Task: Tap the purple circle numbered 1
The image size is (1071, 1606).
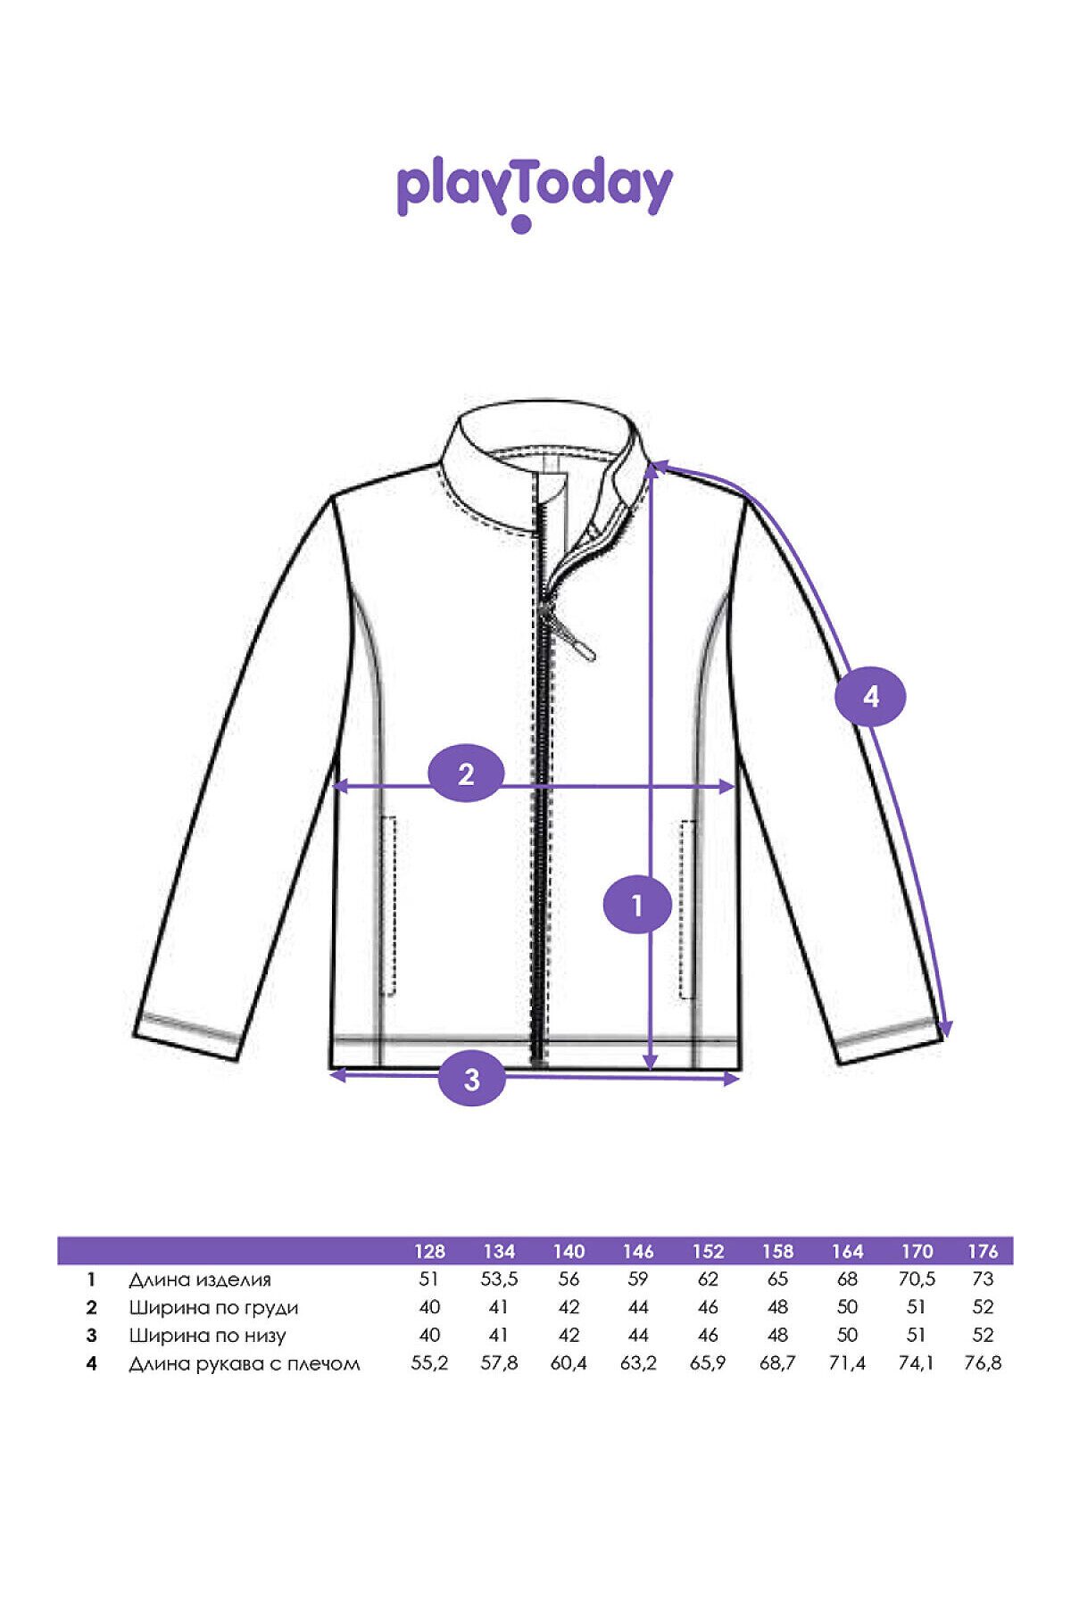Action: point(637,906)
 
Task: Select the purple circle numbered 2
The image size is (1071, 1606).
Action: point(466,774)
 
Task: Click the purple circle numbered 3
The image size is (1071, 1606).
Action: point(471,1080)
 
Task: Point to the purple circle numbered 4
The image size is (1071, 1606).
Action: point(870,696)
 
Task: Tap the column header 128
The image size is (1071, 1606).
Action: point(429,1251)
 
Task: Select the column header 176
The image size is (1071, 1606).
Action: point(982,1251)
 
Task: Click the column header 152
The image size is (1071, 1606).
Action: point(708,1251)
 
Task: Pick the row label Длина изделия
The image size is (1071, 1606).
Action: point(199,1279)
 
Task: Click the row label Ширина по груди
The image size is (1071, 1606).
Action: point(213,1308)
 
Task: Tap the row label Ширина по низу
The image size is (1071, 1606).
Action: point(207,1336)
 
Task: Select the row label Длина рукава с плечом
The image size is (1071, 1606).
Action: point(245,1364)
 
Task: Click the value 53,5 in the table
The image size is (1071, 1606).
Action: point(499,1279)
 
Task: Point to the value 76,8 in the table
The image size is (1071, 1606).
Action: point(983,1363)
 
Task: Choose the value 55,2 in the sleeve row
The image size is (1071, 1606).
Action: point(429,1363)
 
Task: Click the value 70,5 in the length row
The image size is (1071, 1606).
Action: point(917,1279)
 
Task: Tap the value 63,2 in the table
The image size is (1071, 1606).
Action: point(638,1363)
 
